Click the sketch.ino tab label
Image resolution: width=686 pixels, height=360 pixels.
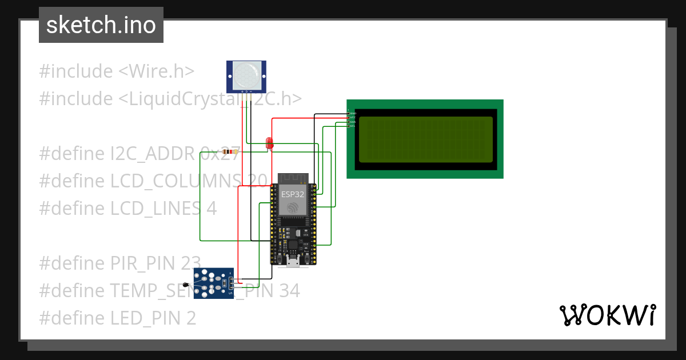coord(101,25)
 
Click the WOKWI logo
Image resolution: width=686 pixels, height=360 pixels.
coord(607,315)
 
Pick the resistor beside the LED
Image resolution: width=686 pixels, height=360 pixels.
coord(232,152)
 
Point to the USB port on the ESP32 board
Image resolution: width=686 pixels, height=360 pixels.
coord(293,262)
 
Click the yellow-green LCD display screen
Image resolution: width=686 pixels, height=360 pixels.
coord(425,139)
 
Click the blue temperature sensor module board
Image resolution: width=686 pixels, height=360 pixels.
coord(213,283)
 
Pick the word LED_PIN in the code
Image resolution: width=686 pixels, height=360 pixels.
coord(145,318)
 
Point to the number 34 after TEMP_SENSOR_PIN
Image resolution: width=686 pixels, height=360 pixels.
coord(289,291)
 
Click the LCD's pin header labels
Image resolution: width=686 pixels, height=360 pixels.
coord(352,118)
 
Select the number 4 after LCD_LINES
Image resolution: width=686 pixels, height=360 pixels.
coord(212,209)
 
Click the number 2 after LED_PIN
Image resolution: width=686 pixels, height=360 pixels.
coord(191,318)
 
